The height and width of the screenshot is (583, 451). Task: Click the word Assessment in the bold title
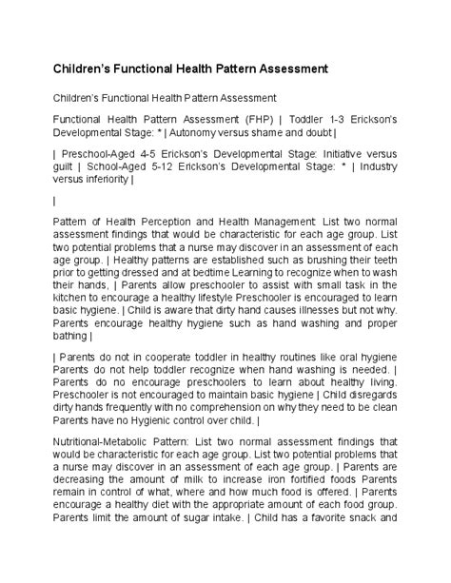[x=288, y=69]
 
